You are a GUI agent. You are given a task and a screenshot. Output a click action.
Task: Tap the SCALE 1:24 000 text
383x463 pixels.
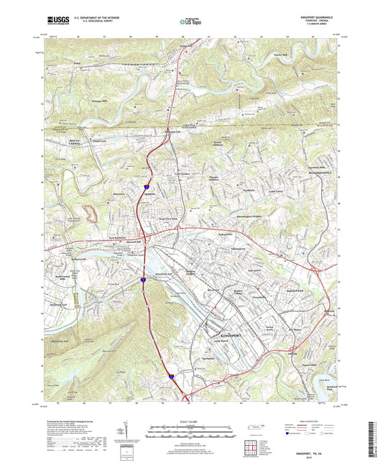click(x=185, y=421)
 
